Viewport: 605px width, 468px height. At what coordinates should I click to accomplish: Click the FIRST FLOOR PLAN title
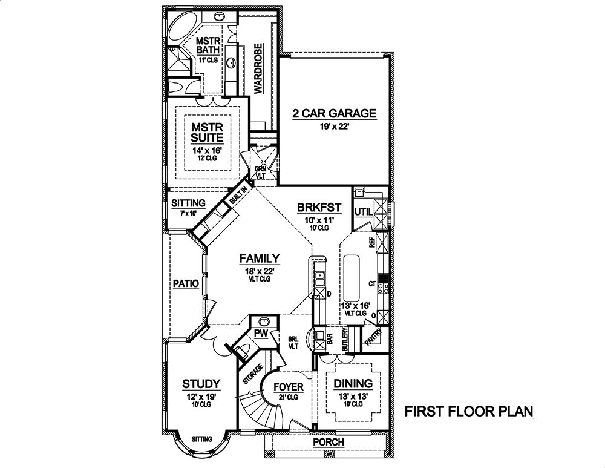click(x=468, y=412)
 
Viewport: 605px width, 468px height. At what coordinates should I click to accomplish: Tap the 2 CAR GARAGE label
click(x=335, y=113)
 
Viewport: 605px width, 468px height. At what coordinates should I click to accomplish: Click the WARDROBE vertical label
click(x=258, y=68)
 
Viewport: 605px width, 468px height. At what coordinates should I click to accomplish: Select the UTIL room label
click(x=363, y=211)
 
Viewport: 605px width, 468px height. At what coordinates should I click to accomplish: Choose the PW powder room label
click(x=261, y=334)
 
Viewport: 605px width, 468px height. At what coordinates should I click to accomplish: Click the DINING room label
click(x=350, y=384)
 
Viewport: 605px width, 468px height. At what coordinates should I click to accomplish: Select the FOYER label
click(x=288, y=387)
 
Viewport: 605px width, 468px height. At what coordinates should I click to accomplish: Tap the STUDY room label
click(x=201, y=384)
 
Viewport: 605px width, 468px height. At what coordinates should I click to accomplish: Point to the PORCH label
click(x=328, y=443)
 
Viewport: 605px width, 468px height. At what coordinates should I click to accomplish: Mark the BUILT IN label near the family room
click(x=237, y=197)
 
